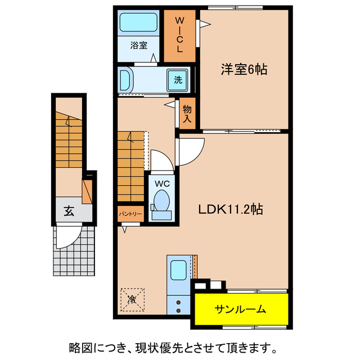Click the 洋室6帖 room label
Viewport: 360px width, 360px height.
pyautogui.click(x=244, y=70)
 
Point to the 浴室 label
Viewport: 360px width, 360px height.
pyautogui.click(x=139, y=46)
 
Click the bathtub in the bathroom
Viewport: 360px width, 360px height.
pyautogui.click(x=139, y=23)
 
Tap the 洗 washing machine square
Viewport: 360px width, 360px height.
pyautogui.click(x=178, y=80)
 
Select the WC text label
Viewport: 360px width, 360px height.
pyautogui.click(x=161, y=182)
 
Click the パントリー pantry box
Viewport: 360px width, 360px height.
pyautogui.click(x=130, y=214)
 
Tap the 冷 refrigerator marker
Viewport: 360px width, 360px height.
pyautogui.click(x=132, y=298)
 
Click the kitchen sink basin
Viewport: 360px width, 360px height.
pyautogui.click(x=179, y=269)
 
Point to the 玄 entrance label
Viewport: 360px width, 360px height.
pyautogui.click(x=69, y=211)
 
